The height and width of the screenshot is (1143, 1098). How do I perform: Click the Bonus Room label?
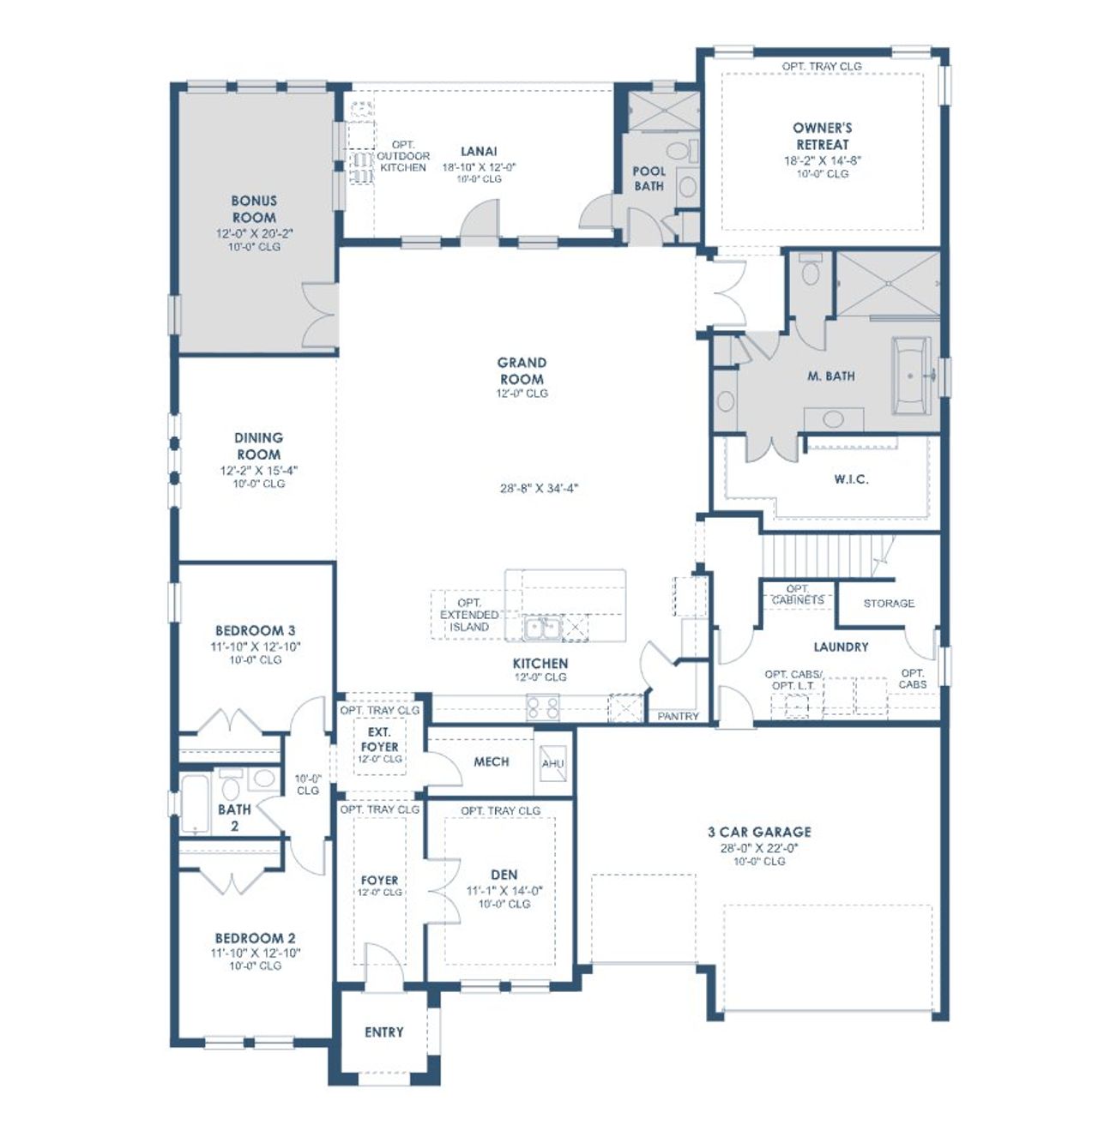(254, 209)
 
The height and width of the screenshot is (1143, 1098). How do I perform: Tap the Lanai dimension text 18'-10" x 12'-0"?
(479, 167)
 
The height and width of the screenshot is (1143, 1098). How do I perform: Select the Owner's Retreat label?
(822, 136)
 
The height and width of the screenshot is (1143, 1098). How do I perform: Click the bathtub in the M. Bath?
(911, 375)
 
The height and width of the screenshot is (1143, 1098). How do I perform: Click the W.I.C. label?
(851, 479)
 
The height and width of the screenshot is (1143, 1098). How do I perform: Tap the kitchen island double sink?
(542, 629)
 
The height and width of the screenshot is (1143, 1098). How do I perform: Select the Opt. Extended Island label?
(469, 615)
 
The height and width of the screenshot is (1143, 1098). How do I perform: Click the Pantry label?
(678, 716)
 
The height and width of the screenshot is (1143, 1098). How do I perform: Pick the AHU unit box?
(553, 763)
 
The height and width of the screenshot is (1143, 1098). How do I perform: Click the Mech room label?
(491, 761)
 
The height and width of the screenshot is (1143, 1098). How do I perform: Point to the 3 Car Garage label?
(759, 832)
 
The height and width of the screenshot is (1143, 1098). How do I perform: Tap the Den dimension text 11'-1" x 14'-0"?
(504, 890)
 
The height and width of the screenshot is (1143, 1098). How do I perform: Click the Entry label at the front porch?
(383, 1032)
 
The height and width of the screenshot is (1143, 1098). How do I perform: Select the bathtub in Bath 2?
(196, 804)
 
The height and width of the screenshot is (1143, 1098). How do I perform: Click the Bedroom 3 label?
(255, 630)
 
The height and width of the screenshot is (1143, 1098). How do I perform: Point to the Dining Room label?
(258, 446)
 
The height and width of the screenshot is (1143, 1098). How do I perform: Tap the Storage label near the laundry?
(889, 604)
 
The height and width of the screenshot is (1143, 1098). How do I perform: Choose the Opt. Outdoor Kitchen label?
(402, 156)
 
